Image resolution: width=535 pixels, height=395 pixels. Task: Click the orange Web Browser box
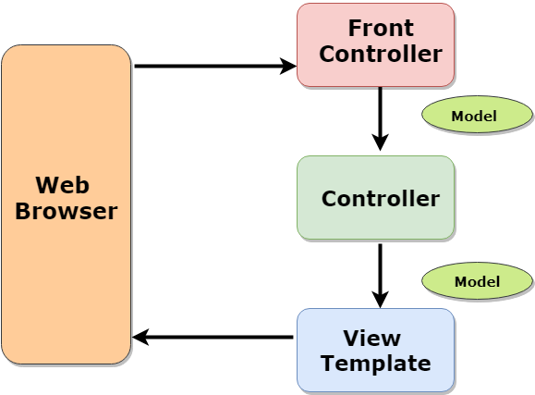66,278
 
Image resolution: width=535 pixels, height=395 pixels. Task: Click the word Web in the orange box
66,183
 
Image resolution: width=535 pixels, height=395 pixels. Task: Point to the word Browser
66,211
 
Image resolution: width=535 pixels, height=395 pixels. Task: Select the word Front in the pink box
381,28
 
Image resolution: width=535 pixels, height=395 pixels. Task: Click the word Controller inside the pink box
381,54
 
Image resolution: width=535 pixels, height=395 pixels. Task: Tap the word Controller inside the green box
381,199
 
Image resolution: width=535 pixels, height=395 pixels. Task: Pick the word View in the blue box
371,337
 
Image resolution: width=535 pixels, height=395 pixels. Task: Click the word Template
375,363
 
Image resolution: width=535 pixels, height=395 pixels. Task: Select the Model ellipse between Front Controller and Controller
477,117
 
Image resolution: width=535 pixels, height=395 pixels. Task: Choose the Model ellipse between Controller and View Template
477,281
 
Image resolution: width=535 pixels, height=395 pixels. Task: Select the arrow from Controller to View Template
380,268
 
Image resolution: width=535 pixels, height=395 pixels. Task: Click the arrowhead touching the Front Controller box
287,66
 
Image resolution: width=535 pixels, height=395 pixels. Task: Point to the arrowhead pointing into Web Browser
141,338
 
